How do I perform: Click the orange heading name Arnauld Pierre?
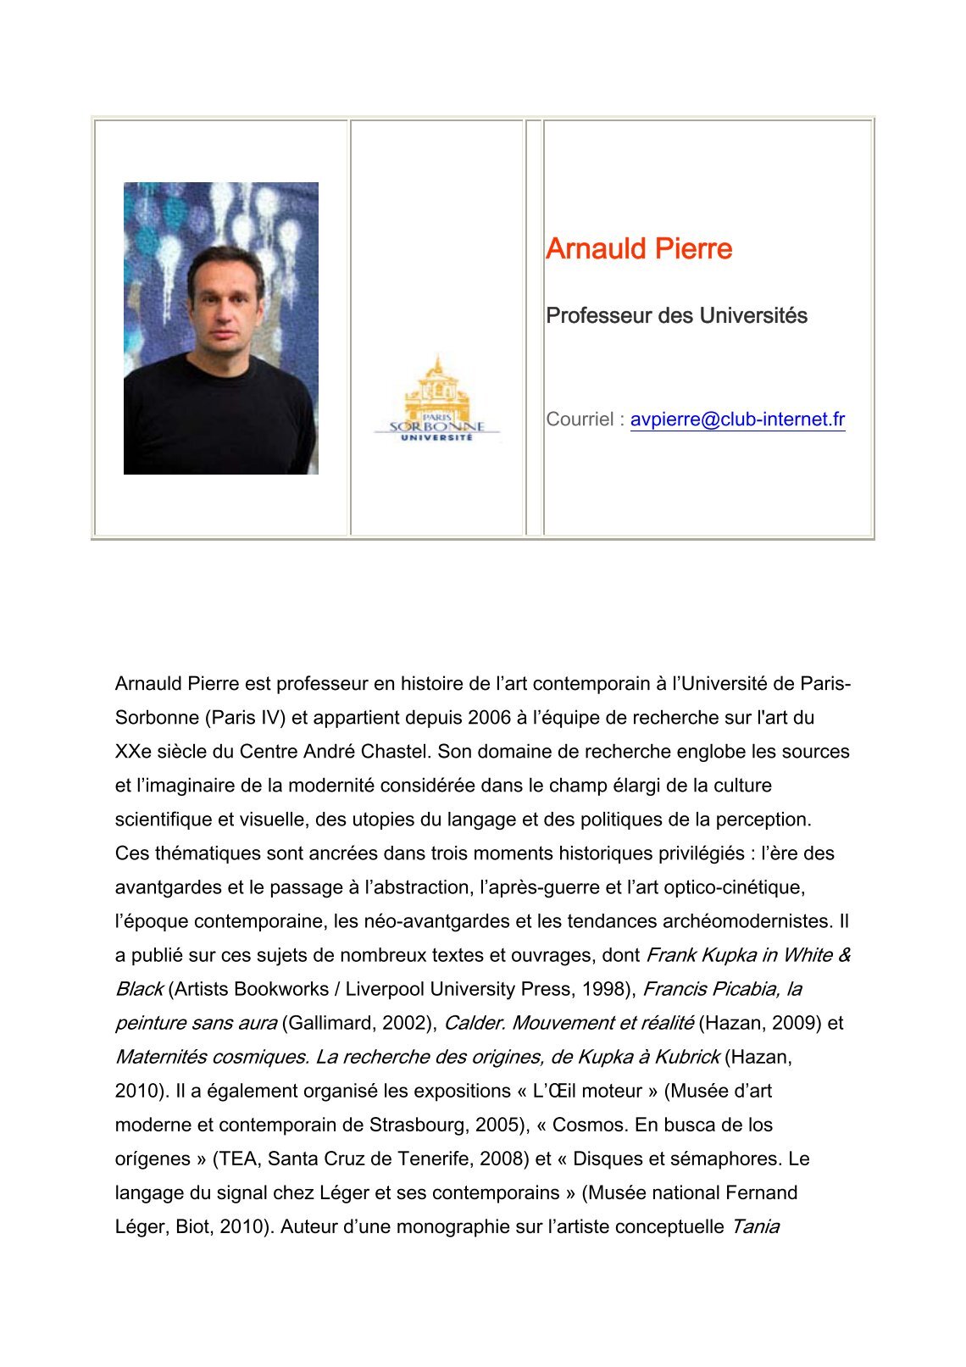tap(639, 249)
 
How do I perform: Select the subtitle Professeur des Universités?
tap(676, 316)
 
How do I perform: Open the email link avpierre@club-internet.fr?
tap(737, 420)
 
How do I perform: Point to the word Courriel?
tap(580, 420)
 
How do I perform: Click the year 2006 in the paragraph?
tap(489, 718)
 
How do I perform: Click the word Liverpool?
tap(382, 989)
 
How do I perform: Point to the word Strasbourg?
tap(417, 1125)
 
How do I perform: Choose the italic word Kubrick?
tap(687, 1057)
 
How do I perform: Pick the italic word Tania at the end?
tap(755, 1226)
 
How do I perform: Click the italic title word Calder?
tap(475, 1023)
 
